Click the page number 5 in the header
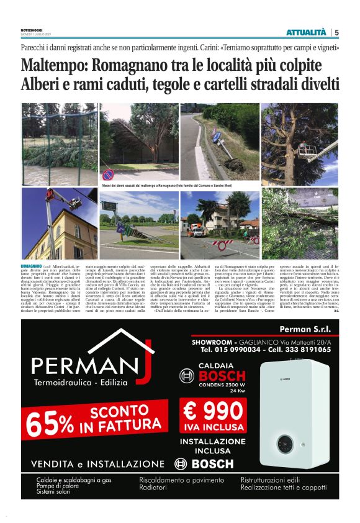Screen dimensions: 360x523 [336, 32]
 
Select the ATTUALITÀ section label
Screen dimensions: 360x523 [306, 32]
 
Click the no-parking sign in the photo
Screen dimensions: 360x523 [108, 175]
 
